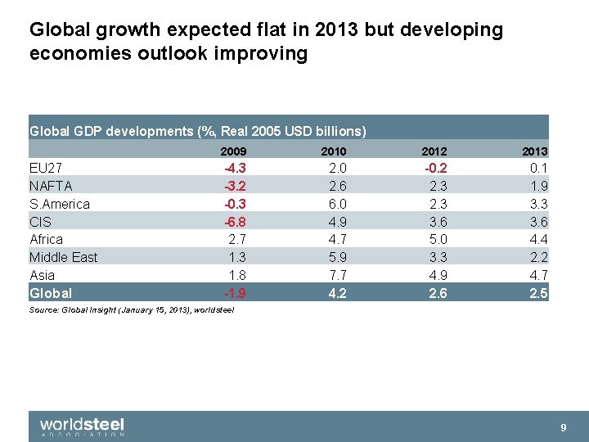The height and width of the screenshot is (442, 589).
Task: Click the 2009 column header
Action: (x=233, y=151)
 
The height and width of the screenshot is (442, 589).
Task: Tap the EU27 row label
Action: (x=46, y=168)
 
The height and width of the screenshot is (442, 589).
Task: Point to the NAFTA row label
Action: (x=51, y=186)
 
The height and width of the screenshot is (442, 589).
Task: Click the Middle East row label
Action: (x=63, y=257)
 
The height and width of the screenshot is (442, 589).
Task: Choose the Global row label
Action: (x=51, y=293)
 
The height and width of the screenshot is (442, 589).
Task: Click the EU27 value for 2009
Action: (x=236, y=168)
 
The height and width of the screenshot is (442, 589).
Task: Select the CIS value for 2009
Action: (x=236, y=222)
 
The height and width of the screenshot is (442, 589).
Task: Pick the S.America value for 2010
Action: (x=337, y=204)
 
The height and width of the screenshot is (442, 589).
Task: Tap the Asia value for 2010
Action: (x=337, y=275)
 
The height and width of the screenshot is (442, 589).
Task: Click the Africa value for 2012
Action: (x=438, y=239)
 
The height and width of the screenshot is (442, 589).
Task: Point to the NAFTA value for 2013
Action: (x=538, y=186)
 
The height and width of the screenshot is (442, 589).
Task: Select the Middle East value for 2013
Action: (x=538, y=257)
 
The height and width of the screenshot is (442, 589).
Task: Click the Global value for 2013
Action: (x=538, y=293)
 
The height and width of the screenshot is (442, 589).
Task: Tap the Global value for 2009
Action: (x=236, y=293)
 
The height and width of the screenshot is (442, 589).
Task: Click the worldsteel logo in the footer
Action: (x=82, y=426)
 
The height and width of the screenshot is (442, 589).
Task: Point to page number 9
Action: (x=563, y=427)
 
